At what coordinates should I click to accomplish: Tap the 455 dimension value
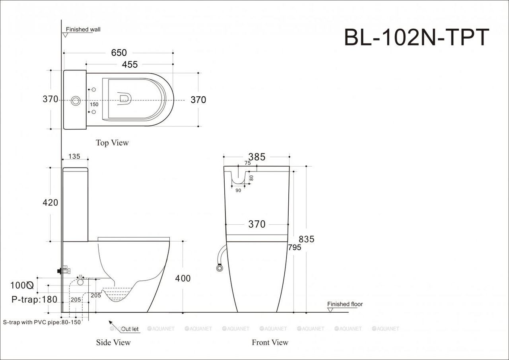130,64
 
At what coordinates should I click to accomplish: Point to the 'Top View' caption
112,142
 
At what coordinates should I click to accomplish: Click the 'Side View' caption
113,342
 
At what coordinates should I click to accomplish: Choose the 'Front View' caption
270,342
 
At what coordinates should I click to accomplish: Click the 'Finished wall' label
83,29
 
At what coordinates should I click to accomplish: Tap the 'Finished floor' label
345,304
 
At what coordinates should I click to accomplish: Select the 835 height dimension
306,239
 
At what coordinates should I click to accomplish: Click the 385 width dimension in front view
257,157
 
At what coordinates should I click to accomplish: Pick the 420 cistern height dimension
51,203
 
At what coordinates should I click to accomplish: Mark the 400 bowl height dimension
183,278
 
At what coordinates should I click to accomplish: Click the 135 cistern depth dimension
75,157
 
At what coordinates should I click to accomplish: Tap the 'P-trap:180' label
34,300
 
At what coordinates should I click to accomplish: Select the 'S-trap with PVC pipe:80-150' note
42,322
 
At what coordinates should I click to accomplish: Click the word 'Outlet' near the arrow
130,329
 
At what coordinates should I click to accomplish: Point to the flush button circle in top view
75,100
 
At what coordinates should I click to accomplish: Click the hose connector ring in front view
219,269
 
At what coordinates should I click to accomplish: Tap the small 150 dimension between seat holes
94,104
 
